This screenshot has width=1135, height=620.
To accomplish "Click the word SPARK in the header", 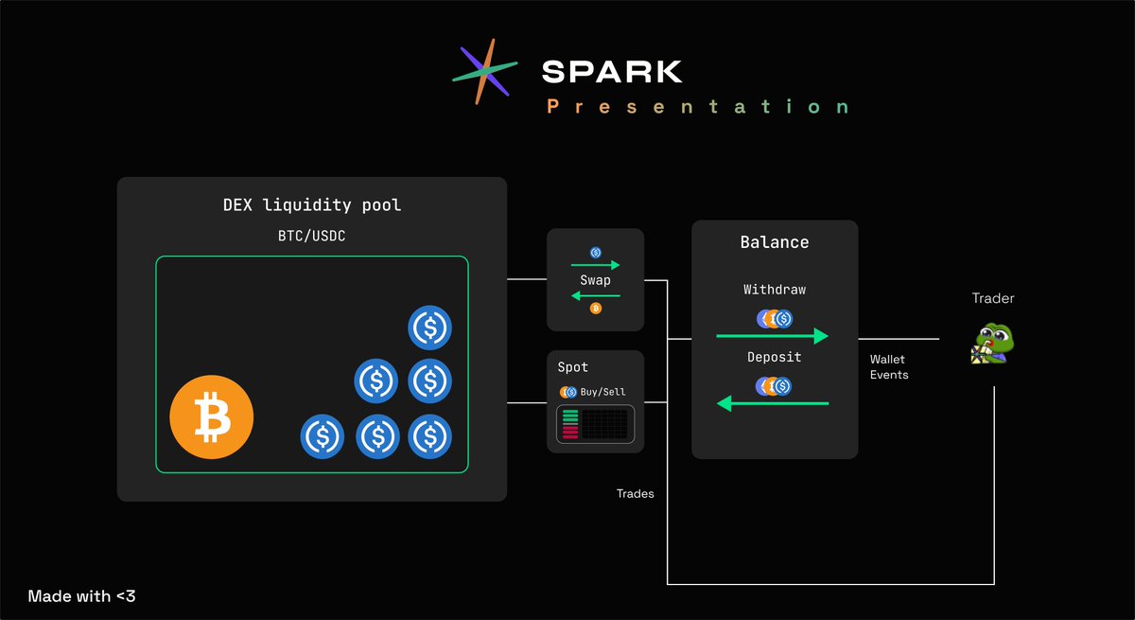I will (x=611, y=71).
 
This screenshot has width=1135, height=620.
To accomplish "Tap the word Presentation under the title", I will (x=698, y=107).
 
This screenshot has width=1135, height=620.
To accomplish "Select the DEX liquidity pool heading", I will (x=312, y=205).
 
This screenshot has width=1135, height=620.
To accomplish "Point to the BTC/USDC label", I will (x=311, y=235).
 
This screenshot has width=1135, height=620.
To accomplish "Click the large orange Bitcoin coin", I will (x=212, y=416).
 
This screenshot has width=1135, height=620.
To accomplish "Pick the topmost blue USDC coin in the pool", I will (x=430, y=328).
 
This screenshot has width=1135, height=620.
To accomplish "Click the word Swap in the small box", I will (x=596, y=280).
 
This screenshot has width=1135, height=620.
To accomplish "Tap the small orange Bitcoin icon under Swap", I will (x=596, y=309).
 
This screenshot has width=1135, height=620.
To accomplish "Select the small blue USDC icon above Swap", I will (x=596, y=252).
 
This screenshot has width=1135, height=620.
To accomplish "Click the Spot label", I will (x=572, y=366).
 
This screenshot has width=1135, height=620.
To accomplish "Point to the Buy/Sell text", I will (x=602, y=391).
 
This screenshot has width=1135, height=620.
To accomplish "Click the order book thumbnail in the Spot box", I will (x=595, y=423).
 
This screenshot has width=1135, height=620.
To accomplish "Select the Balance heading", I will (x=774, y=242).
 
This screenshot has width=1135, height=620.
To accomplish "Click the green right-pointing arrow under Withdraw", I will (x=773, y=336).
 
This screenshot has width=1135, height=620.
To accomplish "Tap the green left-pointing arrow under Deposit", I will (x=773, y=404).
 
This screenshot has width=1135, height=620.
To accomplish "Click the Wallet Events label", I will (x=889, y=367).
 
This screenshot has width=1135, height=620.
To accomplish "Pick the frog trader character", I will (x=992, y=344).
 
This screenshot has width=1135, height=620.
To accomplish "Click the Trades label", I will (x=635, y=493).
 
